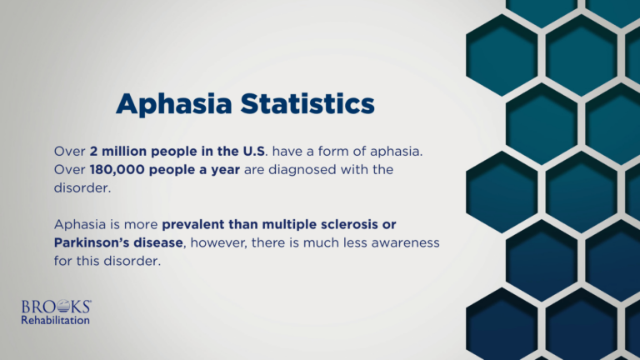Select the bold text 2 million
tap(120, 152)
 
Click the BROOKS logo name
tap(56, 307)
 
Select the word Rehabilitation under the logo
tap(56, 320)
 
